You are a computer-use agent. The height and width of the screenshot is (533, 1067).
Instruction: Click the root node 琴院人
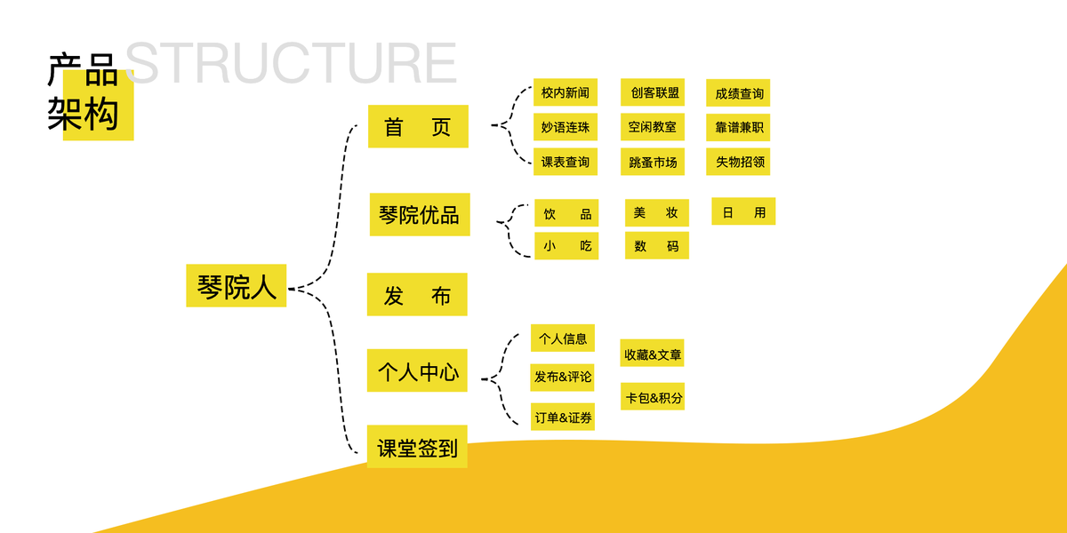point(236,286)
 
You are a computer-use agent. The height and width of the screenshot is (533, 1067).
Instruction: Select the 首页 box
point(418,127)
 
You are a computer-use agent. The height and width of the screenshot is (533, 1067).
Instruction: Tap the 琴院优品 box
point(420,215)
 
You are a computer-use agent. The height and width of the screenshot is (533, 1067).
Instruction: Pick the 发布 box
point(417,295)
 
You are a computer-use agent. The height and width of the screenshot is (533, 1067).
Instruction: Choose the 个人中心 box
point(417,371)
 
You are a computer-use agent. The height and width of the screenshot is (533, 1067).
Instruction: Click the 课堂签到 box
point(417,447)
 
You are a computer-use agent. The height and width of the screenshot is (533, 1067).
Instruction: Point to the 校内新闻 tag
point(566,92)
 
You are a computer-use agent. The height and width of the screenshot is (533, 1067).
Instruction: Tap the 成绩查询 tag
point(738,93)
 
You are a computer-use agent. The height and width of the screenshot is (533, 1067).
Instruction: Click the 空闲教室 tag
point(653,127)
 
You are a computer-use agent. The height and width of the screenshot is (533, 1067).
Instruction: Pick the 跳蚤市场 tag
point(653,162)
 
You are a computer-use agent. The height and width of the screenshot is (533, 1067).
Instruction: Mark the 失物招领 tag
point(738,162)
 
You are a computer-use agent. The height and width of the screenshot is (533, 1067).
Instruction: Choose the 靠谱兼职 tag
point(738,127)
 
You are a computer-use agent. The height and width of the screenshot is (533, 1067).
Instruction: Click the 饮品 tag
point(566,213)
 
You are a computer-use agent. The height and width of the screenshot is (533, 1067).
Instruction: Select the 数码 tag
point(656,246)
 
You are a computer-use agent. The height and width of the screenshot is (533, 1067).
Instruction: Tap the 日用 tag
point(743,211)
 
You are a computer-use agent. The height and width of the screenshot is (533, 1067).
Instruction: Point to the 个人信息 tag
point(563,338)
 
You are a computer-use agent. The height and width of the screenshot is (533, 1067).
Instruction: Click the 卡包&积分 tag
point(653,397)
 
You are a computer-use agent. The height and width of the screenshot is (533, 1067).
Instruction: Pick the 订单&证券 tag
point(563,417)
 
